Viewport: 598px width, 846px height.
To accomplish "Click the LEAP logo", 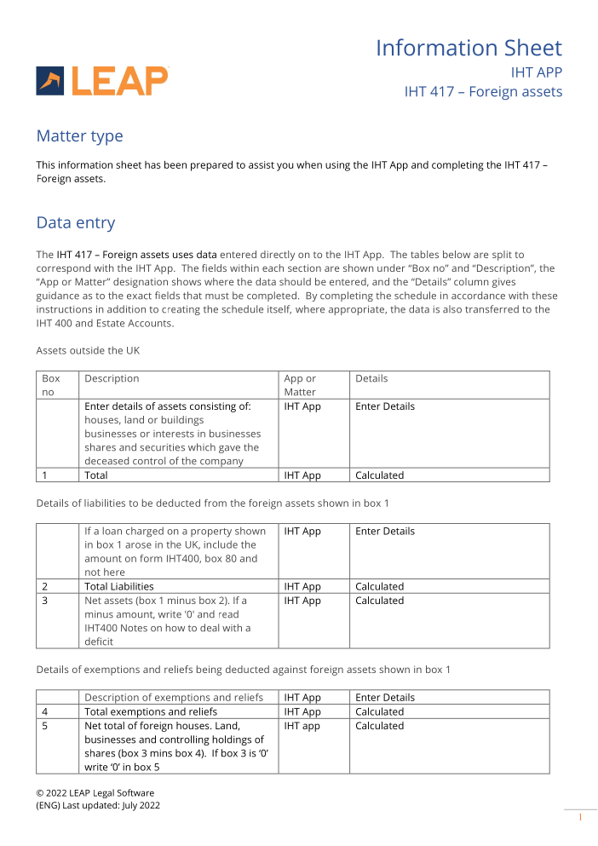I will [102, 81].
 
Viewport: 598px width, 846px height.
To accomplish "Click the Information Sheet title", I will [469, 48].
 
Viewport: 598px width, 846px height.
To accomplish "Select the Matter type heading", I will [79, 136].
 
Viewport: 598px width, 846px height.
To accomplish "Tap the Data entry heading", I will [75, 223].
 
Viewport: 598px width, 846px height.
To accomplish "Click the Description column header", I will [112, 378].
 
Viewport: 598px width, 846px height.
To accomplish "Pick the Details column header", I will [371, 378].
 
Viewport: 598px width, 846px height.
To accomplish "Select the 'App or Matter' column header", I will [300, 385].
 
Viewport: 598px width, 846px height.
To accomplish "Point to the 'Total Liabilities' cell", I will [119, 586].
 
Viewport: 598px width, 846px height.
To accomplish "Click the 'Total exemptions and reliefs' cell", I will [151, 711].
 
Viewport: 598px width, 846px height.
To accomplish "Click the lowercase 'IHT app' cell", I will [302, 726].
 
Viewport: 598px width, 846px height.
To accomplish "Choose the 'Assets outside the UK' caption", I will [89, 350].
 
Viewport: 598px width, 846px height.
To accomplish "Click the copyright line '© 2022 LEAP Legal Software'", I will [95, 792].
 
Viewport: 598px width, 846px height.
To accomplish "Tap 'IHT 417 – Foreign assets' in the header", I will [483, 91].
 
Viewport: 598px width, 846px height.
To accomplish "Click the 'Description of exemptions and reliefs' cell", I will [174, 698].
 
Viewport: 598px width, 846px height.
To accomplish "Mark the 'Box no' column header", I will [51, 385].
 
